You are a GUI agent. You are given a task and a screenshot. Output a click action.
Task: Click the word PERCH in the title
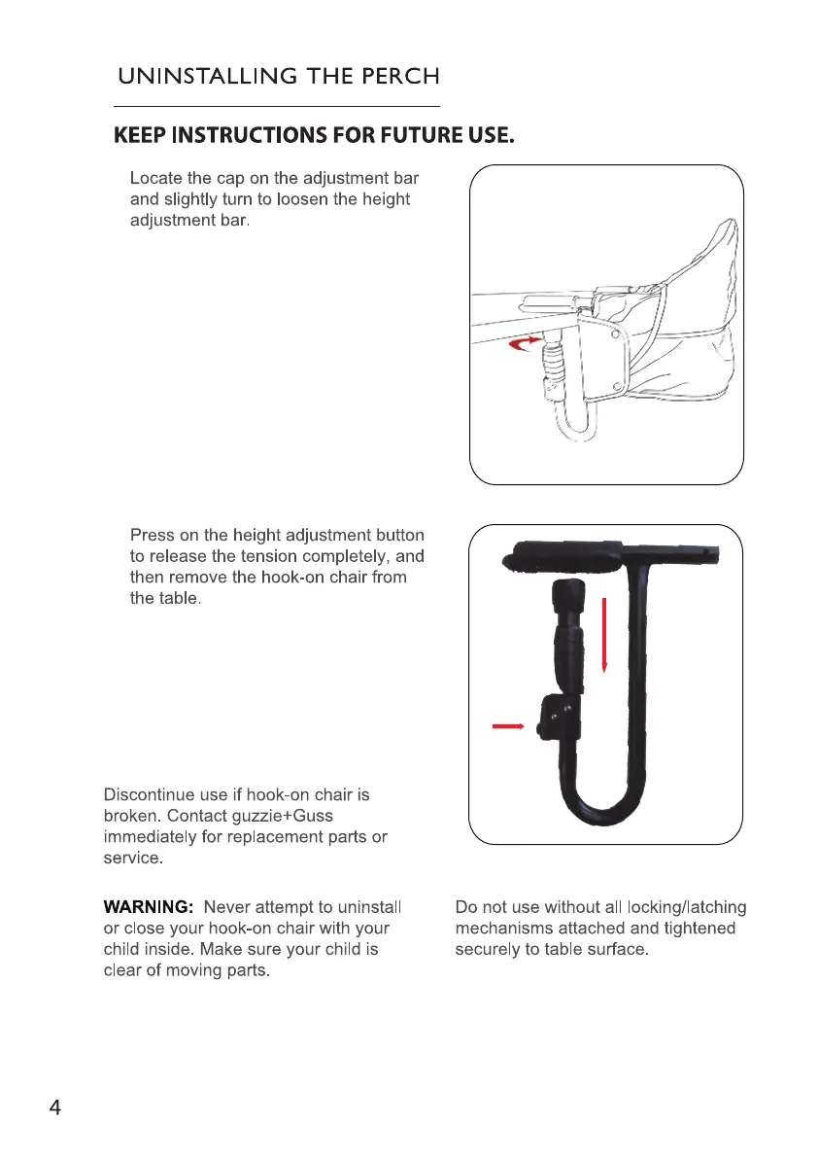[393, 76]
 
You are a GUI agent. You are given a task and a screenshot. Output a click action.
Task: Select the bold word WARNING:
[150, 907]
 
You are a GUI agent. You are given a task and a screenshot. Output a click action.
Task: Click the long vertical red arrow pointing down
[605, 635]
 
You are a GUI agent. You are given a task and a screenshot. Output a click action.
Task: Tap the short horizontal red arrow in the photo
[509, 725]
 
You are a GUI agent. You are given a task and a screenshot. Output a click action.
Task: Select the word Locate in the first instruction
[155, 179]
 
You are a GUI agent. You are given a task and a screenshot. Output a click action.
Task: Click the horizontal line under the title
[277, 106]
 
